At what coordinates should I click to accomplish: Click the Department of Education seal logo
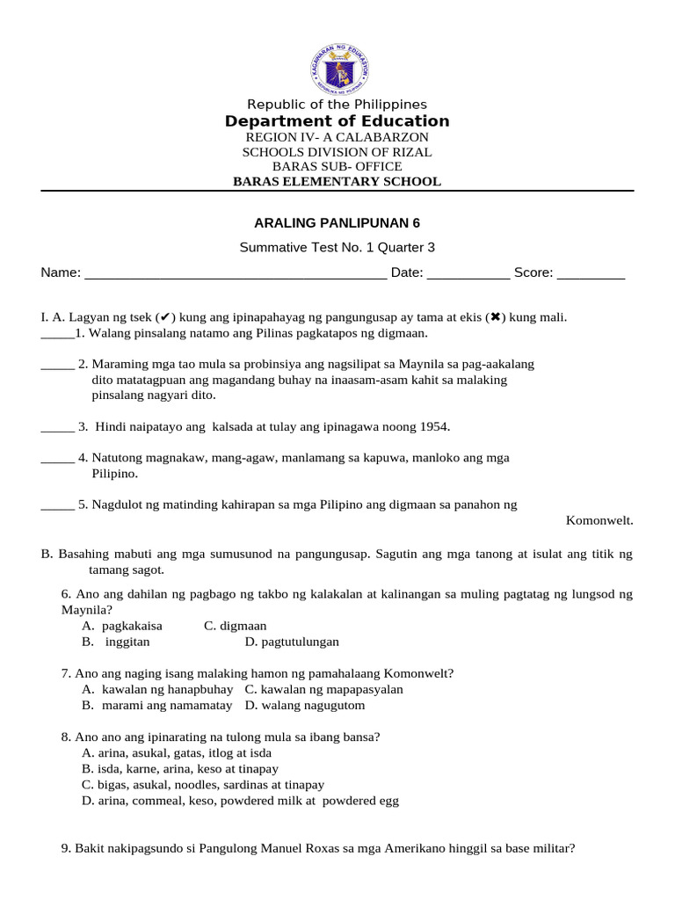coord(337,65)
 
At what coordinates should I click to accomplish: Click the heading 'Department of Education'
coord(337,121)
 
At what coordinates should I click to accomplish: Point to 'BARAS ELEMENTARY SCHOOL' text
coord(337,182)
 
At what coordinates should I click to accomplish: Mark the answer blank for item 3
coord(57,428)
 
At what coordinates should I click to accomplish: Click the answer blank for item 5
coord(57,506)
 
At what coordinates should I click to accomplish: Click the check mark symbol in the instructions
coord(165,317)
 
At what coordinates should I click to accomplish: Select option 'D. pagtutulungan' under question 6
coord(292,642)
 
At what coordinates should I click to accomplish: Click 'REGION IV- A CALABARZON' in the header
coord(337,138)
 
